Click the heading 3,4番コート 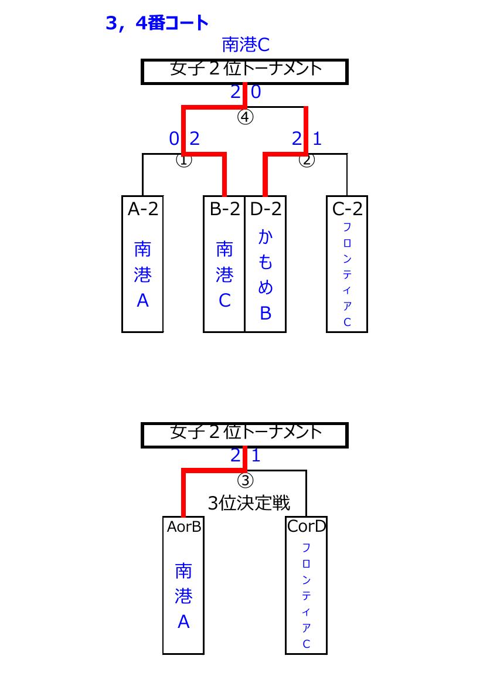pyautogui.click(x=157, y=23)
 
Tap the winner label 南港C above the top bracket pyautogui.click(x=246, y=45)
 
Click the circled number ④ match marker pyautogui.click(x=245, y=117)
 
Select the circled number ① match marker pyautogui.click(x=184, y=159)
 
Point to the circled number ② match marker pyautogui.click(x=307, y=159)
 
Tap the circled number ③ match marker pyautogui.click(x=245, y=480)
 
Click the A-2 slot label pyautogui.click(x=142, y=209)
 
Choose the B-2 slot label pyautogui.click(x=224, y=209)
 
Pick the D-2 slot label pyautogui.click(x=266, y=209)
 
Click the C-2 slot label pyautogui.click(x=348, y=209)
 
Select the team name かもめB pyautogui.click(x=265, y=275)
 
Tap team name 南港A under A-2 pyautogui.click(x=142, y=274)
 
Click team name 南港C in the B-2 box pyautogui.click(x=224, y=274)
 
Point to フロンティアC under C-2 pyautogui.click(x=348, y=274)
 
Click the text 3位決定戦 pyautogui.click(x=249, y=503)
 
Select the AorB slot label pyautogui.click(x=184, y=526)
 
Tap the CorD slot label pyautogui.click(x=307, y=526)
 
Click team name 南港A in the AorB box pyautogui.click(x=183, y=596)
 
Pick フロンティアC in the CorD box pyautogui.click(x=306, y=596)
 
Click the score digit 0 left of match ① pyautogui.click(x=174, y=139)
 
